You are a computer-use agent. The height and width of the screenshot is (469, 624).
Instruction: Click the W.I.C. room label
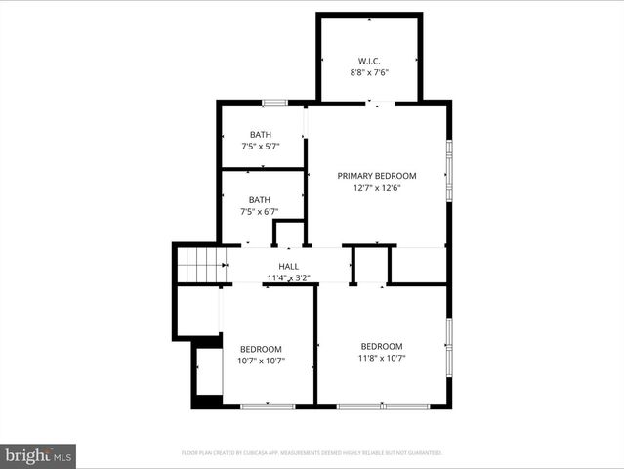click(369, 59)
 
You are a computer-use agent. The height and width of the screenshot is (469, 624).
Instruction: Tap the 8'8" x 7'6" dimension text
click(369, 71)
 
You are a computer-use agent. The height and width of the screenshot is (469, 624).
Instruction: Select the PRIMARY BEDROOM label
click(377, 176)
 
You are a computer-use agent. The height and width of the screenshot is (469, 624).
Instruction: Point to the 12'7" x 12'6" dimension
click(377, 189)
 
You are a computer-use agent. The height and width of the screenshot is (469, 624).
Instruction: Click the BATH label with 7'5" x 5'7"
click(261, 135)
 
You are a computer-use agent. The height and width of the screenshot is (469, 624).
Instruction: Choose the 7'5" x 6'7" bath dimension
click(260, 212)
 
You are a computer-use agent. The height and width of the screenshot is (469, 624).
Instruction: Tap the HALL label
click(289, 266)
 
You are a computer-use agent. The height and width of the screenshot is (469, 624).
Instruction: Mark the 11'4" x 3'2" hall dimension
click(289, 278)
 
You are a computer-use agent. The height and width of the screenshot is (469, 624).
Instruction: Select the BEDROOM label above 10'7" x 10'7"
click(261, 349)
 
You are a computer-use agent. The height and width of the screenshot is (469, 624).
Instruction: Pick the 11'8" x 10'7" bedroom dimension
click(381, 359)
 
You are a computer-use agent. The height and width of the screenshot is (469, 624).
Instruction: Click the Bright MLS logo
click(37, 455)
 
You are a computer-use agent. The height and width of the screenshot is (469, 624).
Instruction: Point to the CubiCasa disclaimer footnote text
click(312, 453)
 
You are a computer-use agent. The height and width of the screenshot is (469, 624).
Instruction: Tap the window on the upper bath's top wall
click(274, 102)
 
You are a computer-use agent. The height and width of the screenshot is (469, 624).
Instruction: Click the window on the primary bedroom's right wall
click(449, 171)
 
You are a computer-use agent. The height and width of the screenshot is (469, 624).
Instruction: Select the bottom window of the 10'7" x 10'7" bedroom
click(268, 405)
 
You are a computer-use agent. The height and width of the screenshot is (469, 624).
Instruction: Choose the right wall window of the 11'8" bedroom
click(449, 347)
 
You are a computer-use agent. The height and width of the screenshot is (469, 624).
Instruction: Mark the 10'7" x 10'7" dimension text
click(261, 362)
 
